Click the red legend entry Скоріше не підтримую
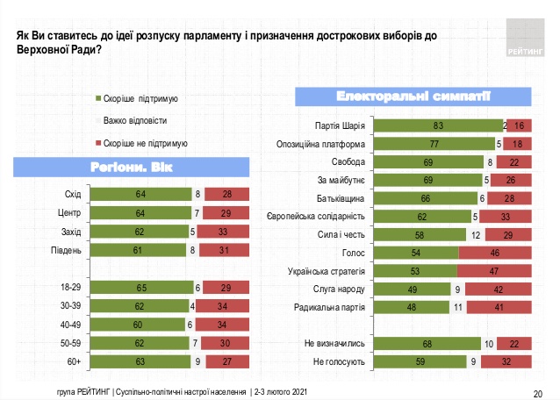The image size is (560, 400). [x=145, y=142]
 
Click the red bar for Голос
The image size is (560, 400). [x=496, y=253]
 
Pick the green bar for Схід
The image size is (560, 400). [x=140, y=195]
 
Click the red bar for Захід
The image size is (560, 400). [x=224, y=232]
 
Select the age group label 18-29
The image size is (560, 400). [x=69, y=287]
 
